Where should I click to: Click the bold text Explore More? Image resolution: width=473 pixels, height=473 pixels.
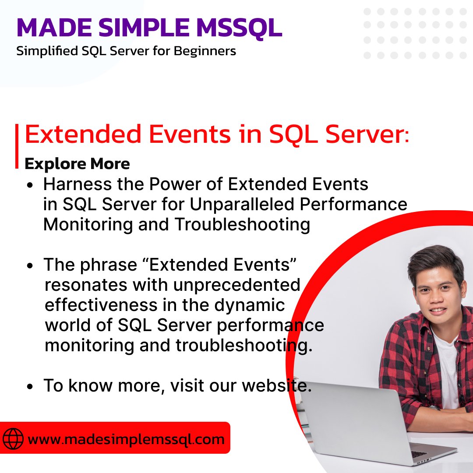point(77,164)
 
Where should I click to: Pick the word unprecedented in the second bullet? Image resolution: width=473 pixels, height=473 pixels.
point(236,285)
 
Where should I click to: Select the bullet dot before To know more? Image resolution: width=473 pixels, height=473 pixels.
point(30,387)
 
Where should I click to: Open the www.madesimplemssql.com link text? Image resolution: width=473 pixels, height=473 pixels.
point(126,439)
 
